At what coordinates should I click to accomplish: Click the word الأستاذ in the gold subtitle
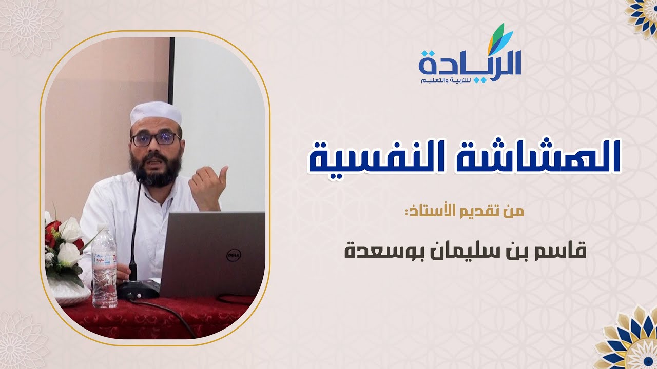[x=436, y=212]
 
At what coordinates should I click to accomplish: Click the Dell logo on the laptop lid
[x=234, y=255]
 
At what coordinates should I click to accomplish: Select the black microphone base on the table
[x=137, y=290]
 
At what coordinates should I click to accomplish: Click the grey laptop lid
[x=216, y=254]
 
